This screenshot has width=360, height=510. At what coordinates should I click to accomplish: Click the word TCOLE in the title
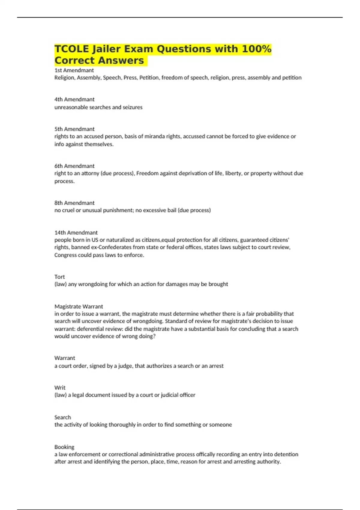click(x=72, y=49)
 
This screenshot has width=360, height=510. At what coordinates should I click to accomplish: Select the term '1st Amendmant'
click(x=74, y=70)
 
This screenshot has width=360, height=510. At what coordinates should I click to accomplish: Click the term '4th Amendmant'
click(x=74, y=100)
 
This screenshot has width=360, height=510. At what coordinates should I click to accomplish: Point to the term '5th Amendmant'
click(x=74, y=129)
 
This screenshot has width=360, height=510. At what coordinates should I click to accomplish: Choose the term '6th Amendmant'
click(x=74, y=166)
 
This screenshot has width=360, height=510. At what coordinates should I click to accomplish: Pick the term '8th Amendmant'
click(x=74, y=203)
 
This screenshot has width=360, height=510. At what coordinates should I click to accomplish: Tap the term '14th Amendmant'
click(x=76, y=233)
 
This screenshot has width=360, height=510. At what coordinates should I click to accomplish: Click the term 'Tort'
click(x=59, y=277)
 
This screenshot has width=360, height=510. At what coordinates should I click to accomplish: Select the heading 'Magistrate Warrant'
click(x=79, y=307)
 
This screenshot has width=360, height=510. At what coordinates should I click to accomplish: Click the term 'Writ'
click(x=60, y=388)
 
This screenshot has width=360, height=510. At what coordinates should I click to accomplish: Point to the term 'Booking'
click(x=64, y=447)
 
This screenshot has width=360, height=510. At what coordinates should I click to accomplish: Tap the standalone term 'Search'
click(x=63, y=418)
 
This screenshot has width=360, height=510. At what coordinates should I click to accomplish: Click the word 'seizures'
click(x=133, y=107)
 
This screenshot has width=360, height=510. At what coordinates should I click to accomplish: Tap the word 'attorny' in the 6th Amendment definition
click(x=90, y=173)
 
